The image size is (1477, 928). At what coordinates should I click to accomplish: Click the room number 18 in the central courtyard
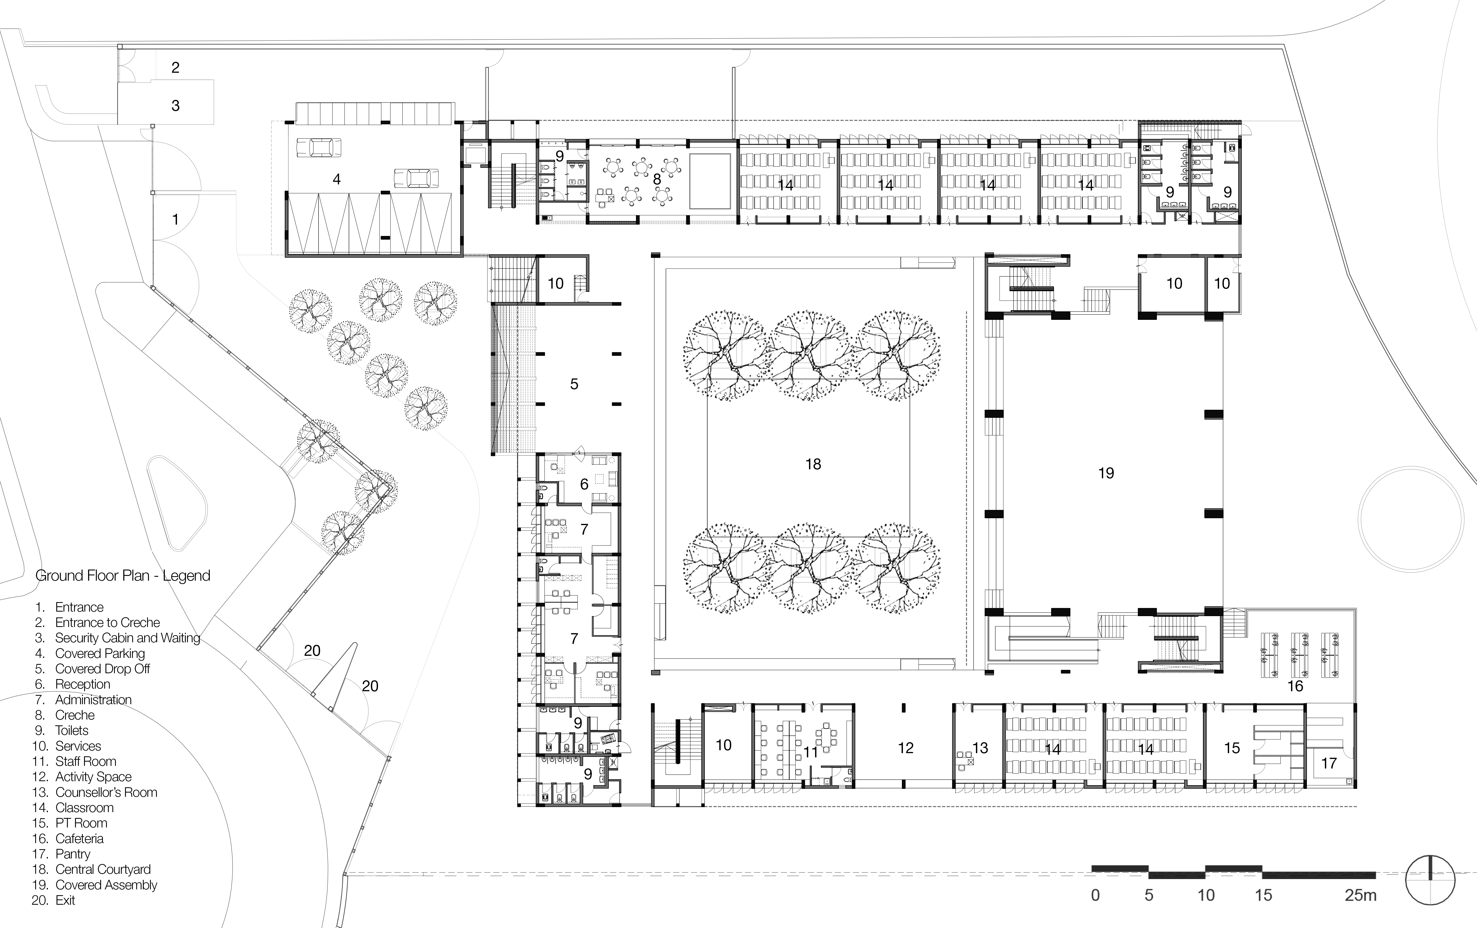pos(813,464)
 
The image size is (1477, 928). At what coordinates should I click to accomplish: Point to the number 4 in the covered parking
pos(336,179)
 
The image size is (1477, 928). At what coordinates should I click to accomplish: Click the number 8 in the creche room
pos(657,179)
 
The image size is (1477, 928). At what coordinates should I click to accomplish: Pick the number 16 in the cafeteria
pos(1295,686)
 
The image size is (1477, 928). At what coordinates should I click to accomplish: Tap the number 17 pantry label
pos(1329,763)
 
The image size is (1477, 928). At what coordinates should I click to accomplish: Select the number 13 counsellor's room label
pos(980,748)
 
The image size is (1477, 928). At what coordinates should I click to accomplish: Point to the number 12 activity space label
pos(905,748)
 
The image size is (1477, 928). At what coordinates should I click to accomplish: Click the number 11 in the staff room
pos(810,752)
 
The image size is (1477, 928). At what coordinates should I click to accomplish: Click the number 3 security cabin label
pos(175,106)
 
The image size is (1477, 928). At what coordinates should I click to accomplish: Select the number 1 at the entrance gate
pos(175,219)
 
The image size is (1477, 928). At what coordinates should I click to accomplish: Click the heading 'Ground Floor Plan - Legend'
pos(123,575)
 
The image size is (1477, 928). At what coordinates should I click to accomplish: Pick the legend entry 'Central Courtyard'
pos(102,869)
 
